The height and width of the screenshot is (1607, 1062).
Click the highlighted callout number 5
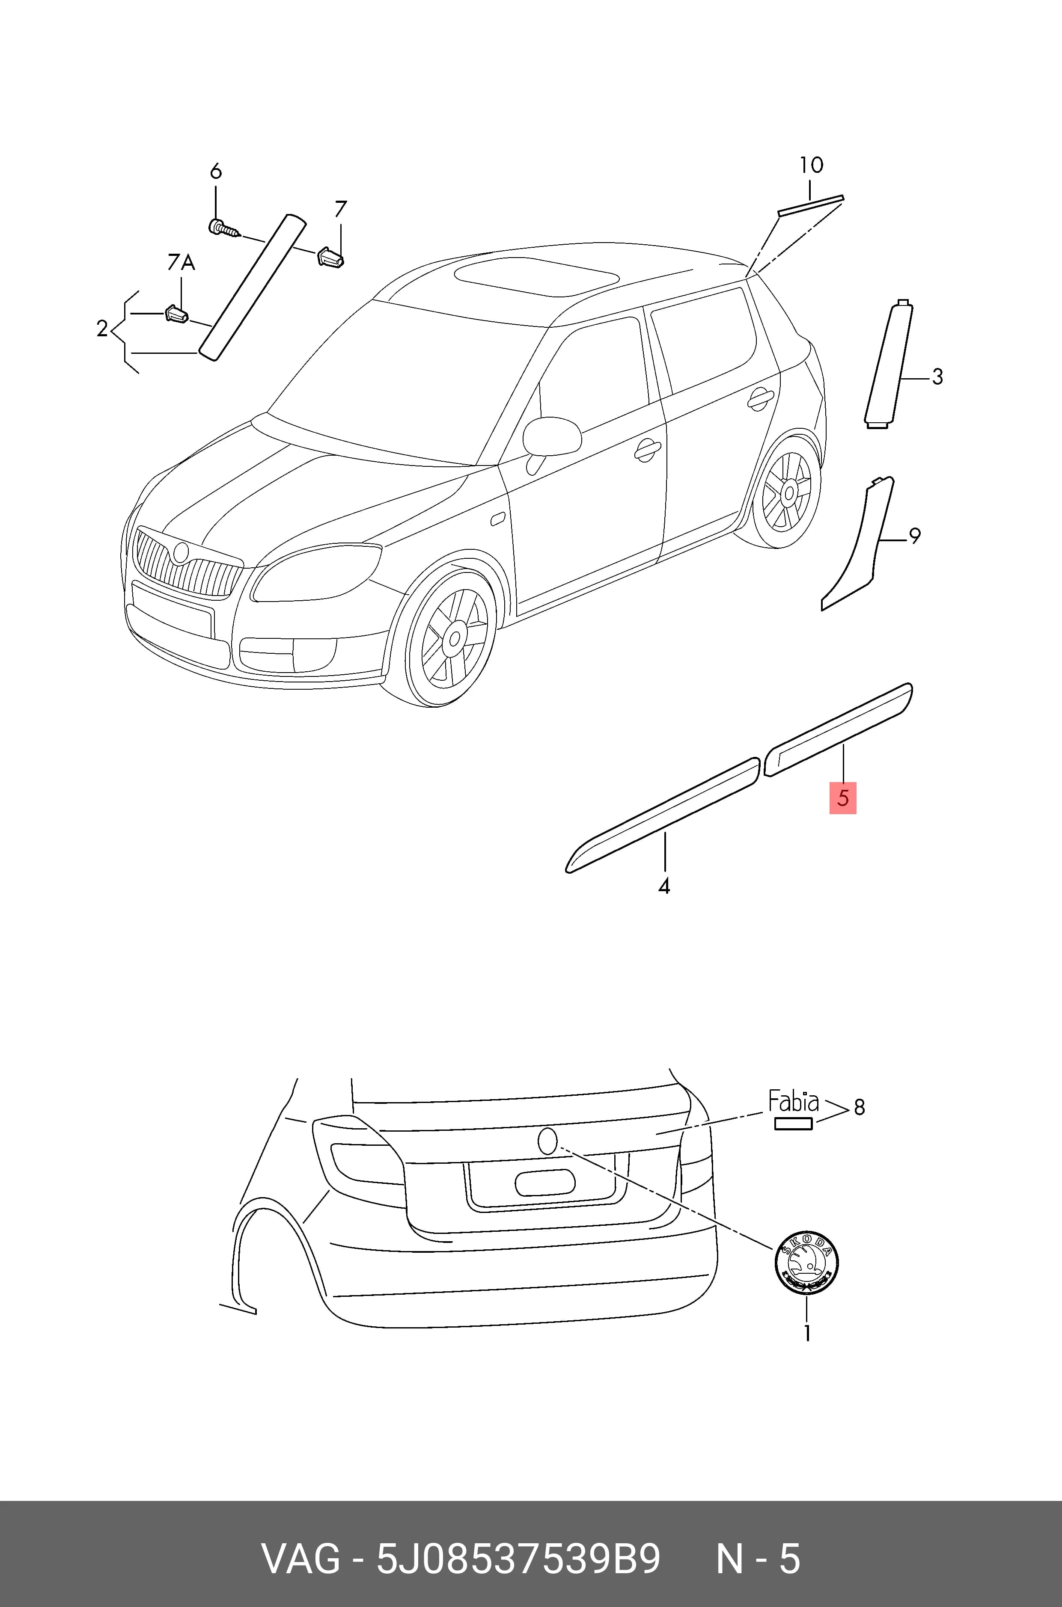(843, 798)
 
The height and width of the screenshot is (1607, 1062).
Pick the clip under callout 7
(330, 257)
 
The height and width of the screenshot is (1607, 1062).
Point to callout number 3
(937, 377)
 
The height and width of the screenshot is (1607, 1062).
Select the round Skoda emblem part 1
(806, 1262)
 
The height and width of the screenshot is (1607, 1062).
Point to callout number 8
(859, 1107)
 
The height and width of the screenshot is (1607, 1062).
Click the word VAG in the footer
(301, 1554)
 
